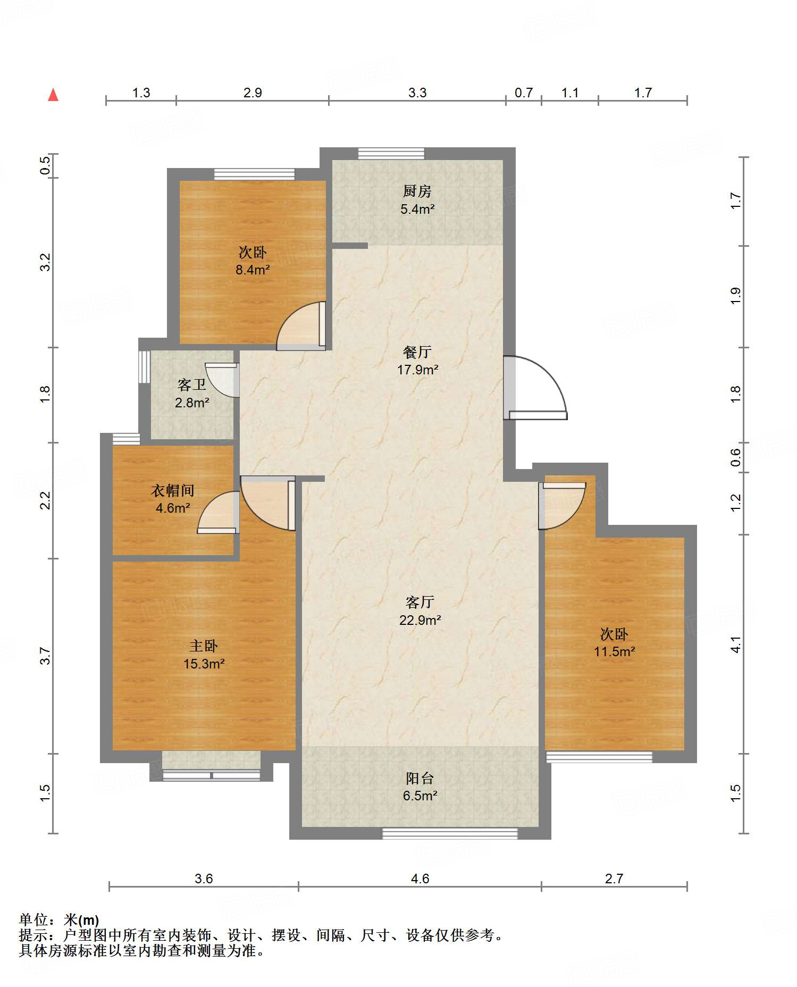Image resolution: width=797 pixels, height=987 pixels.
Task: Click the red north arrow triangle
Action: [53, 95]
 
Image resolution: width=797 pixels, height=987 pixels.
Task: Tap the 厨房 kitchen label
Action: [417, 190]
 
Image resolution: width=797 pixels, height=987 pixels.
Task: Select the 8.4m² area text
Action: [253, 270]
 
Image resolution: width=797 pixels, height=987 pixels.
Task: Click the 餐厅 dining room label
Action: [417, 352]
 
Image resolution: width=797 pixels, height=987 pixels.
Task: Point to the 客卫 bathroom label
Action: [192, 384]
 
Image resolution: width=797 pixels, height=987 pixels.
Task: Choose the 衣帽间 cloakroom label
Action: [173, 490]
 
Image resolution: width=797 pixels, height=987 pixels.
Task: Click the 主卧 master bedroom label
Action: [204, 646]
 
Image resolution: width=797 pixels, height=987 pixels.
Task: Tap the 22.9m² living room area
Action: [420, 620]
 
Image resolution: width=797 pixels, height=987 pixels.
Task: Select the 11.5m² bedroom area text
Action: [615, 651]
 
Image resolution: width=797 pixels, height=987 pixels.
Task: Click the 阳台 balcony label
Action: [420, 778]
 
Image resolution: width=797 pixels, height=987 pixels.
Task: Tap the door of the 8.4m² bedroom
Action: [301, 325]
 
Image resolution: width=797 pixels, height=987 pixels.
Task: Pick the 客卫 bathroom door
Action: [222, 380]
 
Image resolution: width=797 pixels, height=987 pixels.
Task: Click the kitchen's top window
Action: [391, 154]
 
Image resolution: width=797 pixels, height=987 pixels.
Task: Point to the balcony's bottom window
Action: [450, 833]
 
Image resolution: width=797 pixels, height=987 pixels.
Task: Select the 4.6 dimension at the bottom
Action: [420, 879]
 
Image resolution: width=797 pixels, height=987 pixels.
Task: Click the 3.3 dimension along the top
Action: [417, 93]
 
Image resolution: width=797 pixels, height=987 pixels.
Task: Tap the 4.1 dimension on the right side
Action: [735, 645]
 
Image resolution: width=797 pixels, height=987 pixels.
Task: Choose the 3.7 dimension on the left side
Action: [45, 656]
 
